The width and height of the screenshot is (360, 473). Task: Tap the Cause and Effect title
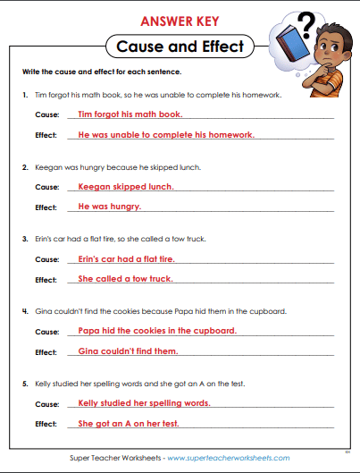pyautogui.click(x=180, y=46)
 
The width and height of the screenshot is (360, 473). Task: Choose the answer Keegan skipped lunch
pyautogui.click(x=126, y=187)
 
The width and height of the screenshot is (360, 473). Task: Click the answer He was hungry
pyautogui.click(x=110, y=207)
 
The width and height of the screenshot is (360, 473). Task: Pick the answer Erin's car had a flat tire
pyautogui.click(x=126, y=258)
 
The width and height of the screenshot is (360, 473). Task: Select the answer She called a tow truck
pyautogui.click(x=125, y=279)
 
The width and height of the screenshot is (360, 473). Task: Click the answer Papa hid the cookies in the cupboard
pyautogui.click(x=157, y=331)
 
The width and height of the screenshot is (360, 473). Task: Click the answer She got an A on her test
pyautogui.click(x=129, y=423)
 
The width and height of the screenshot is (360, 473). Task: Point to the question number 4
pyautogui.click(x=24, y=311)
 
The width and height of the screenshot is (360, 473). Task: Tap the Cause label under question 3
pyautogui.click(x=46, y=259)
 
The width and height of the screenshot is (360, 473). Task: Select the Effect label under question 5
pyautogui.click(x=46, y=424)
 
